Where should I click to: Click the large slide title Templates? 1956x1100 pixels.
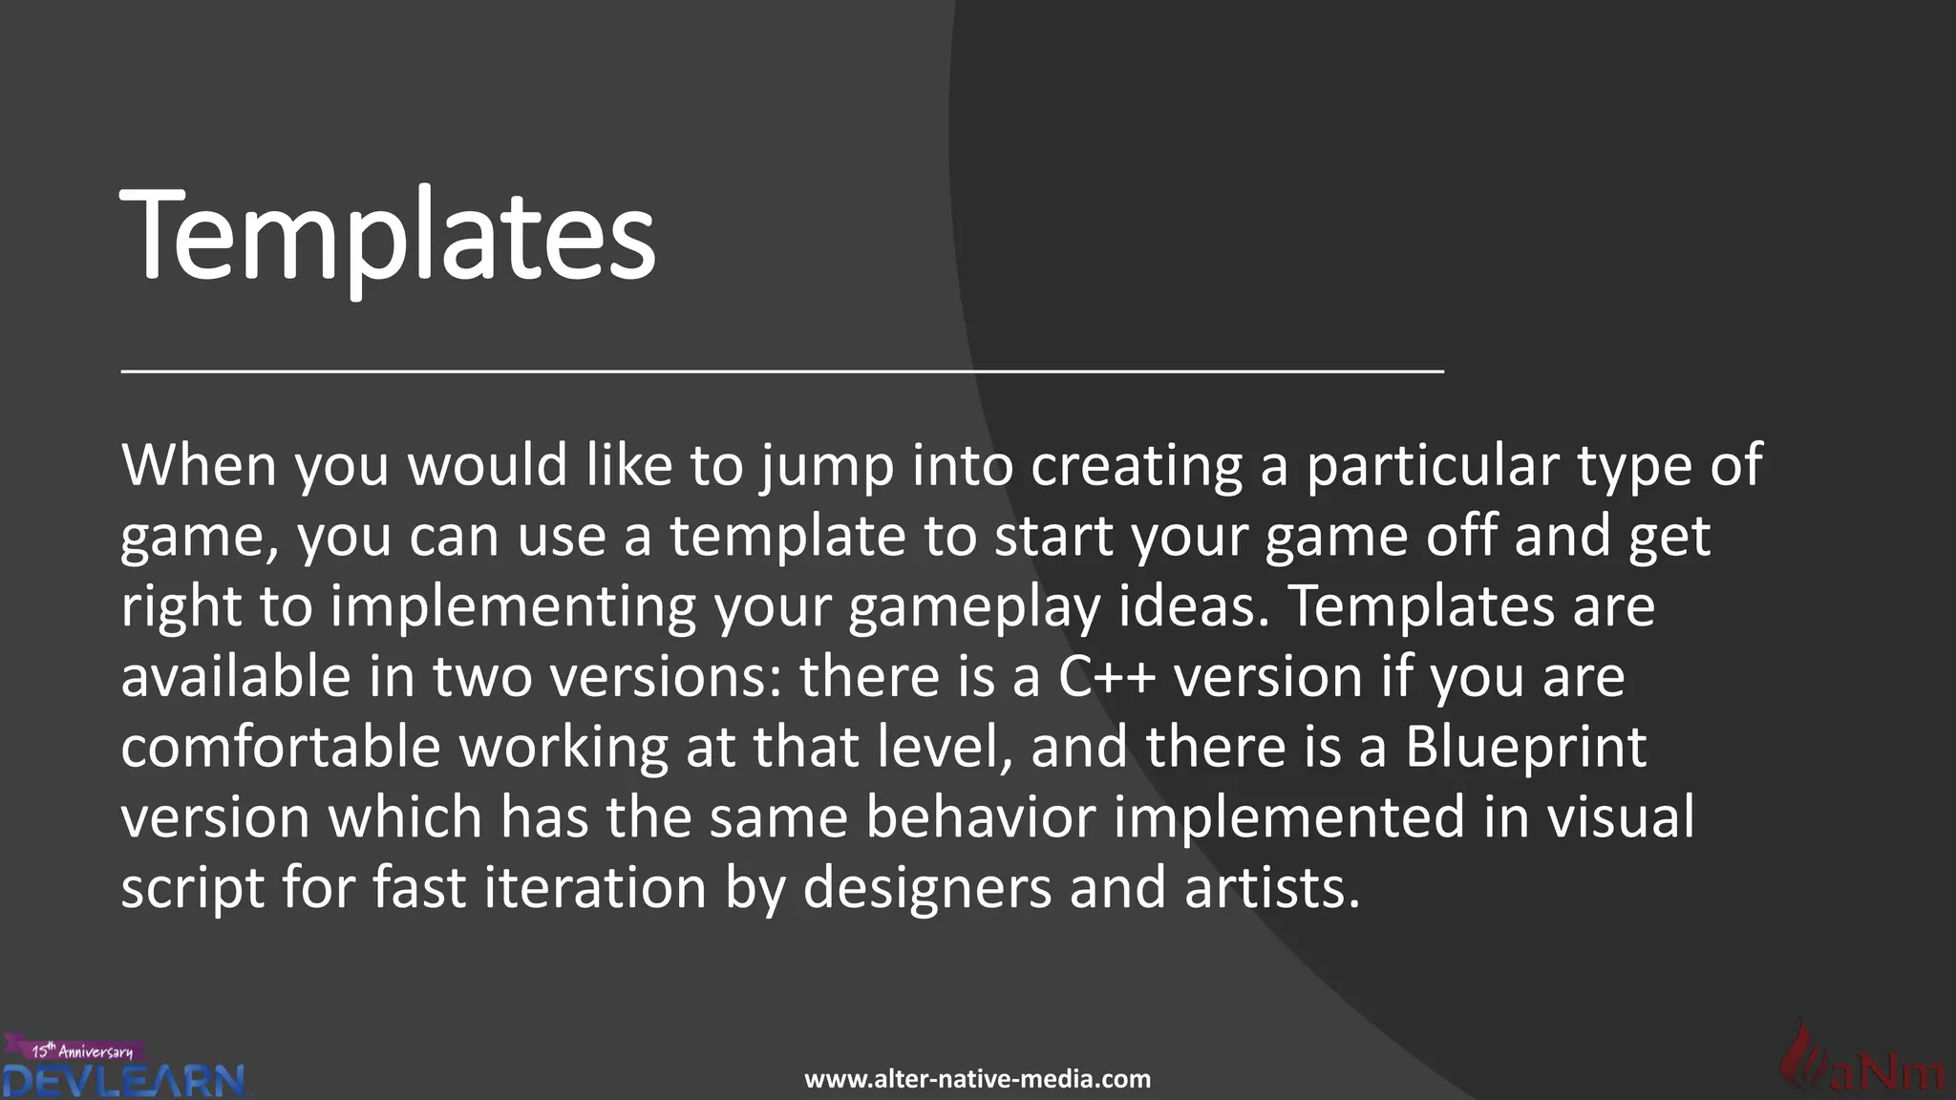(388, 235)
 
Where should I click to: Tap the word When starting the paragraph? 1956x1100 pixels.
(199, 466)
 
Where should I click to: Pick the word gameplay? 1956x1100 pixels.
(974, 608)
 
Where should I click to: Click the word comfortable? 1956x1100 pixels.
(281, 747)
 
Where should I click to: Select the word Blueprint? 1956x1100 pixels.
(1525, 749)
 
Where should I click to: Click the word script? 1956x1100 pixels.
(192, 889)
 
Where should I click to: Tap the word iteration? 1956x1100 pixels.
(595, 887)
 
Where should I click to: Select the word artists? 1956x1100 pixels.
(1271, 887)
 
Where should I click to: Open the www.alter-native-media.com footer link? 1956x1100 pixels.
(977, 1080)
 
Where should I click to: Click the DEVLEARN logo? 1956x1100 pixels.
(124, 1081)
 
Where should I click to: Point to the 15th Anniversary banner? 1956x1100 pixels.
(81, 1050)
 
